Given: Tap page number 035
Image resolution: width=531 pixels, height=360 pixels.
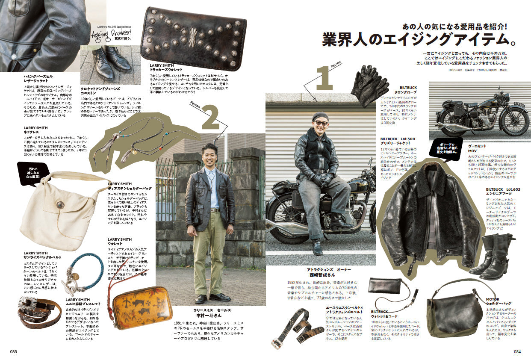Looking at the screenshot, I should tap(13, 351).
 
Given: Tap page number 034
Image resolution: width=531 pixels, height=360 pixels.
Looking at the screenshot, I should tap(517, 351).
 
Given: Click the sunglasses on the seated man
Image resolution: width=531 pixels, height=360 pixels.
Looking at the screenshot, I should tap(321, 123).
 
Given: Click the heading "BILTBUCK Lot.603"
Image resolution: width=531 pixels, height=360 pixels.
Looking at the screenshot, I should tap(503, 189).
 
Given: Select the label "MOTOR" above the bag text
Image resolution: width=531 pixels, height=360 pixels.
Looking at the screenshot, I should tap(493, 299).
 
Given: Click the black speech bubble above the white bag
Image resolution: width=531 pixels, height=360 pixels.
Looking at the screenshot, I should tap(33, 173).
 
